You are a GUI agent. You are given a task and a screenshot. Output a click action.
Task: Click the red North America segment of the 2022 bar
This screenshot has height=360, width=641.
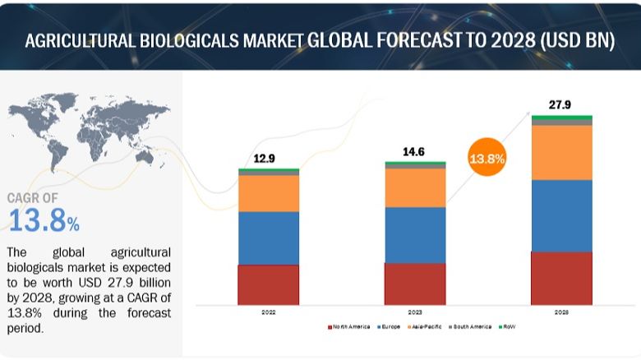click(269, 284)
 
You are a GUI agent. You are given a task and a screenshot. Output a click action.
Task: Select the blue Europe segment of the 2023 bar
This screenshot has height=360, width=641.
click(415, 234)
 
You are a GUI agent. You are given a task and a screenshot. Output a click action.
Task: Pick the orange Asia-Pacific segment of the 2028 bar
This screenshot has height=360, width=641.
click(561, 152)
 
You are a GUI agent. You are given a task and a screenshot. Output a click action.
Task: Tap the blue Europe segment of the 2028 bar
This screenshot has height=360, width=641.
click(561, 215)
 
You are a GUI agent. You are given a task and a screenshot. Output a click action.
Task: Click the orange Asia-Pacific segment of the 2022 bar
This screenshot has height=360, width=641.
click(269, 193)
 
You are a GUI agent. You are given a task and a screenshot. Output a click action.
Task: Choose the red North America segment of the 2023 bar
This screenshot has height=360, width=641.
click(415, 284)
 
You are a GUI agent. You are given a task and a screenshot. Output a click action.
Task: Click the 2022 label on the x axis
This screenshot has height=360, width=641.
click(269, 312)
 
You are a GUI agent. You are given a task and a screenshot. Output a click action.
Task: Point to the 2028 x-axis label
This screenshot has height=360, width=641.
click(561, 312)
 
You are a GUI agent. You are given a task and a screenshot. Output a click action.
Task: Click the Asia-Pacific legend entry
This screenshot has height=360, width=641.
click(425, 327)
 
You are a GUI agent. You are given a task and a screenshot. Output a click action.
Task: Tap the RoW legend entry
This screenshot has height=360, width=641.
click(510, 327)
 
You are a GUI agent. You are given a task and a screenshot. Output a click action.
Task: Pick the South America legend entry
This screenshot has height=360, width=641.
click(470, 327)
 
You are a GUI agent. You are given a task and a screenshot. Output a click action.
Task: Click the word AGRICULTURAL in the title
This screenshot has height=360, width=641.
click(86, 42)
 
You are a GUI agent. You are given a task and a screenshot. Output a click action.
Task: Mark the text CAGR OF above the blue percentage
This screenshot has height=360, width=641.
click(32, 198)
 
